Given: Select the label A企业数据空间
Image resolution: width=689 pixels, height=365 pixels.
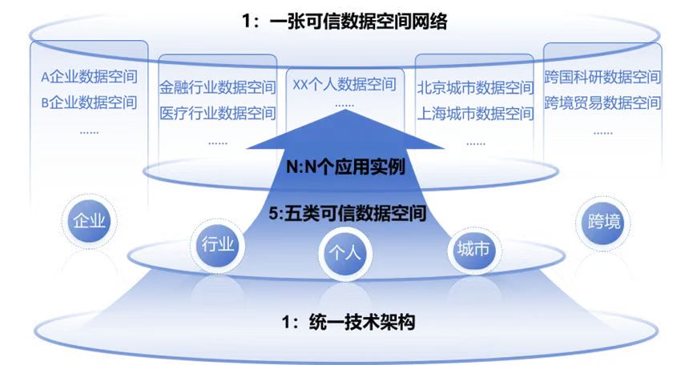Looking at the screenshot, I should click(89, 78).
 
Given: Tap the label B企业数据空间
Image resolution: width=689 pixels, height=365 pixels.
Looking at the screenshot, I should click(89, 102).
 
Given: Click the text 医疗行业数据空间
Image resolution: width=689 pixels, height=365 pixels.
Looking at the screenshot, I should click(217, 113).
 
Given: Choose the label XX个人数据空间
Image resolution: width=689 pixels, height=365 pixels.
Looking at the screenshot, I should click(344, 84).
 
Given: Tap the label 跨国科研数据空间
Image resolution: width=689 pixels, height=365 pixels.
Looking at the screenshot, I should click(602, 78).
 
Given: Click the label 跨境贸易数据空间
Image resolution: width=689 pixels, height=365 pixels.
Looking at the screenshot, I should click(602, 102).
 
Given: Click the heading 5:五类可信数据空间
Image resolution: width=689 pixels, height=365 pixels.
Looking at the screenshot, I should click(344, 214).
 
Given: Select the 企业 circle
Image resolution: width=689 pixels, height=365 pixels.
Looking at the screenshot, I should click(89, 221).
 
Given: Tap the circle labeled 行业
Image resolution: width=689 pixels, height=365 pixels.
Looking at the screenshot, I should click(218, 245).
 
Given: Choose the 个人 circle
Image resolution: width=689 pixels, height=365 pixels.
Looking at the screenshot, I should click(344, 253).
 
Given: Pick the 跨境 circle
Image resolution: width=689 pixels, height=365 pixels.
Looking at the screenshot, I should click(602, 221).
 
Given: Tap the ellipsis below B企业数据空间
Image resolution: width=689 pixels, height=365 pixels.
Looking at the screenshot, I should click(89, 130).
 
